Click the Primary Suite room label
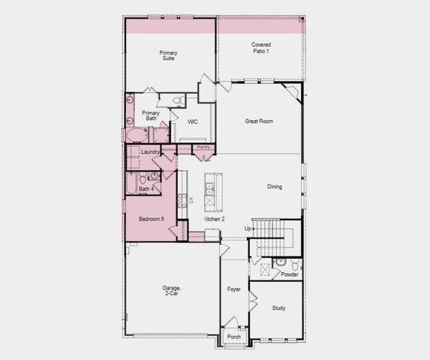[x=167, y=55]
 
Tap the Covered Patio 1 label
[x=260, y=47]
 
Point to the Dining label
[x=275, y=187]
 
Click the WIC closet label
[x=192, y=121]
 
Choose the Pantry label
[x=203, y=148]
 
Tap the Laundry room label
[x=150, y=152]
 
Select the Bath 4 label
[x=146, y=189]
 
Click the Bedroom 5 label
[x=151, y=219]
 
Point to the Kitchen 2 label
[x=215, y=219]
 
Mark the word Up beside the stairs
[x=248, y=228]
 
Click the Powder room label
[x=290, y=274]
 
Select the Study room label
[x=278, y=307]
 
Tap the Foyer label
[x=234, y=289]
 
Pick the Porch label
[x=234, y=337]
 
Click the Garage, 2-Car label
[x=172, y=291]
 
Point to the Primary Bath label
[x=150, y=116]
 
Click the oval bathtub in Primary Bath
[x=136, y=135]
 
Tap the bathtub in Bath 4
[x=131, y=184]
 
